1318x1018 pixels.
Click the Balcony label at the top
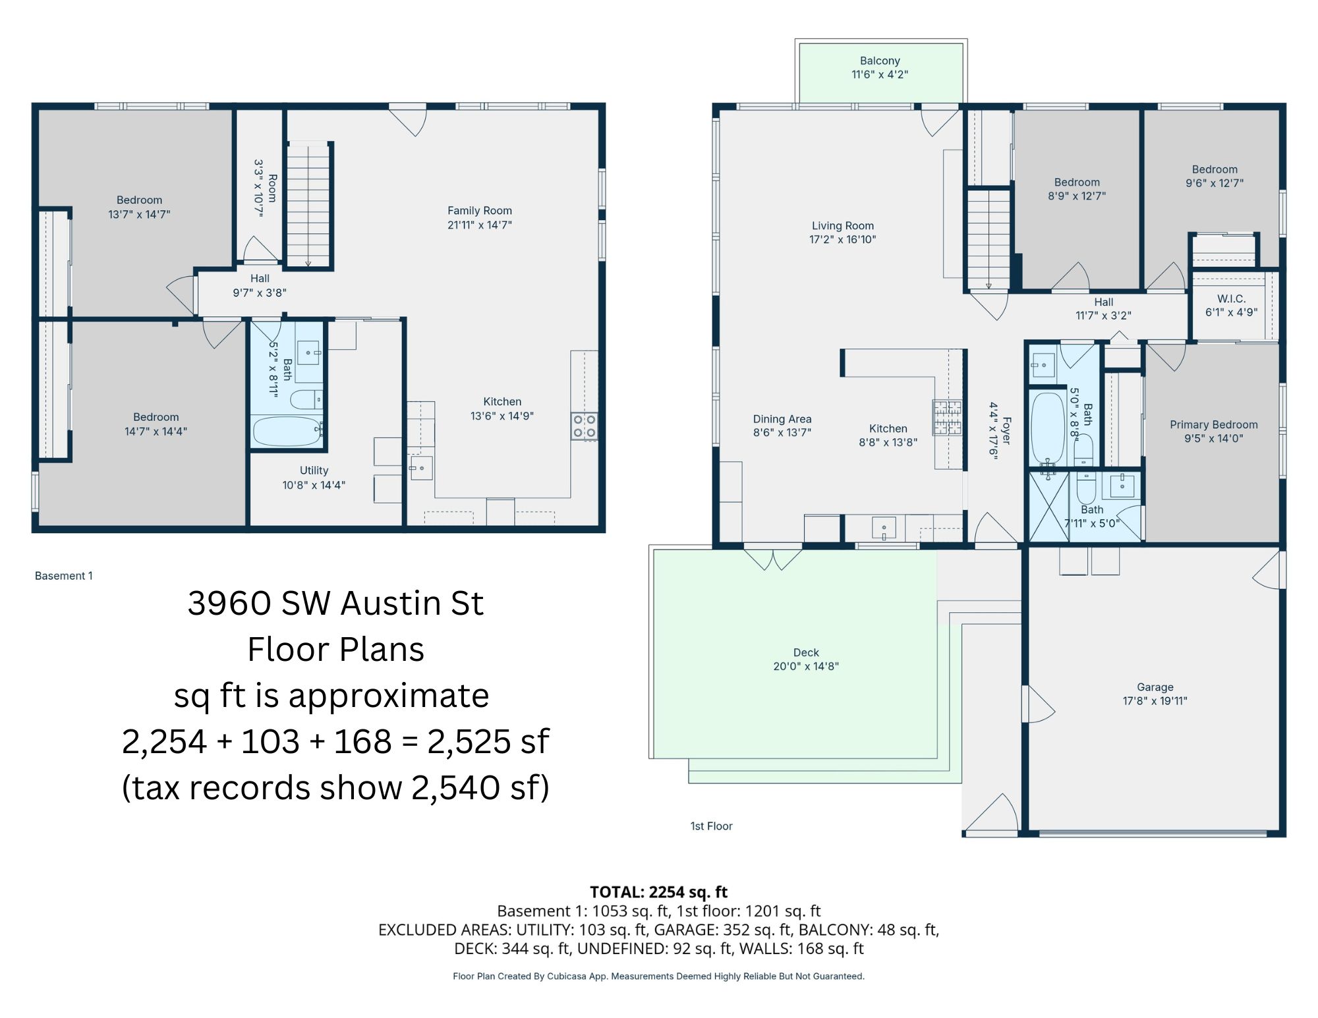click(880, 61)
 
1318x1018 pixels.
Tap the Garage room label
click(1155, 687)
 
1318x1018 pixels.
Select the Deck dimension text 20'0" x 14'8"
click(806, 666)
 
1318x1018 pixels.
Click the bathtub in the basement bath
click(287, 431)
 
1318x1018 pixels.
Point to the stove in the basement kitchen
click(584, 426)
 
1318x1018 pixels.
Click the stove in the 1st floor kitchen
click(947, 417)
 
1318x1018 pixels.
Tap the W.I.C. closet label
click(1231, 298)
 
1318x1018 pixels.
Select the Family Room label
click(480, 211)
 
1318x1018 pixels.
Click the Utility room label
click(314, 470)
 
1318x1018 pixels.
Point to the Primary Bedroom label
click(1214, 425)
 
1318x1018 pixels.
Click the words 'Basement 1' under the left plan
click(64, 576)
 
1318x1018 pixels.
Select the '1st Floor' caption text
click(711, 826)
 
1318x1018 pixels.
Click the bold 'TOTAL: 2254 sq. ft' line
click(658, 892)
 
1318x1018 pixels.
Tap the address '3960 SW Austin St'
click(335, 603)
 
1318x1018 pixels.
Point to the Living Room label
click(843, 226)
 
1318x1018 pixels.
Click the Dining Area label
click(782, 419)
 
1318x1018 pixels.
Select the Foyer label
click(1006, 430)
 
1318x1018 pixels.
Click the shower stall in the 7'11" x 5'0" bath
click(1049, 507)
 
